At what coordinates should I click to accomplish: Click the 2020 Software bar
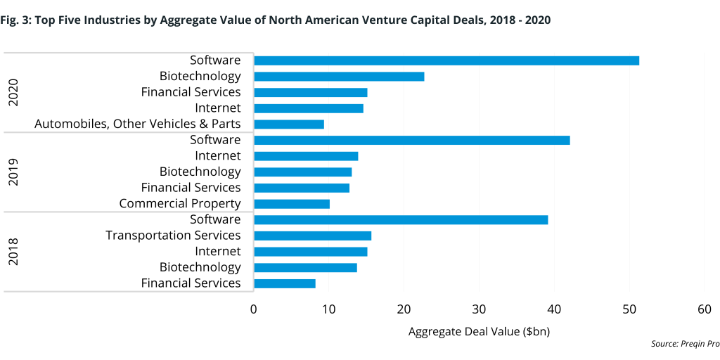pos(446,60)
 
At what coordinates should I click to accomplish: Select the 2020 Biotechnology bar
pos(339,77)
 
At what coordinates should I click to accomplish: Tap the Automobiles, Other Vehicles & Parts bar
pos(289,124)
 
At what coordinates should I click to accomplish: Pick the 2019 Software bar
pos(411,140)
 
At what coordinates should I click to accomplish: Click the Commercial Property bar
pos(292,204)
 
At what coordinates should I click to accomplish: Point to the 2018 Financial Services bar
pos(285,283)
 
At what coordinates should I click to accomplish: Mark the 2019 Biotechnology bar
pos(302,172)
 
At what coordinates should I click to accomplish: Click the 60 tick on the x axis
pos(705,309)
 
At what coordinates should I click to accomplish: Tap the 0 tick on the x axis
pos(254,309)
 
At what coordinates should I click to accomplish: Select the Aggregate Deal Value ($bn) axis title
pos(479,331)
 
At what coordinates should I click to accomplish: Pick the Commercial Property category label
pos(180,204)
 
